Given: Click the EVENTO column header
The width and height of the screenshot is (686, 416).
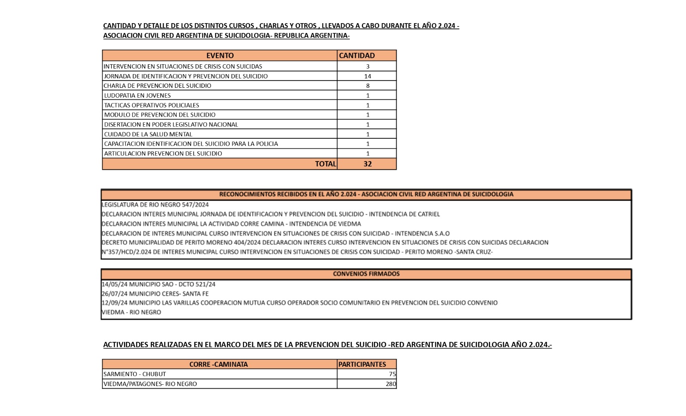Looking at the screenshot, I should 220,55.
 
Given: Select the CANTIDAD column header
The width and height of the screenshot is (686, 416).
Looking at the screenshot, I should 357,55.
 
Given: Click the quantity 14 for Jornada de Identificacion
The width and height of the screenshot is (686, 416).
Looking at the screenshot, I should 367,76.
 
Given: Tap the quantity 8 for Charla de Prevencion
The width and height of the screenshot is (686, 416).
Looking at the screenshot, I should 367,86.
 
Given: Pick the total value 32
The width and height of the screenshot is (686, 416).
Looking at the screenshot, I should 367,164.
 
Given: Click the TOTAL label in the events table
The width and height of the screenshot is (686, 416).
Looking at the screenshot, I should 325,164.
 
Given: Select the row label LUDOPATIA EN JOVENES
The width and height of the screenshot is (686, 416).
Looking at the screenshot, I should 137,96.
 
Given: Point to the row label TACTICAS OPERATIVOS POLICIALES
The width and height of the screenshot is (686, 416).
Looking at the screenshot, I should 151,105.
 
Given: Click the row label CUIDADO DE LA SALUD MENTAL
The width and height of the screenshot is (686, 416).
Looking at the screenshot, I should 148,134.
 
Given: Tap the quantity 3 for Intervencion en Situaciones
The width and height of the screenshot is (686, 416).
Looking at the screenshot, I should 367,66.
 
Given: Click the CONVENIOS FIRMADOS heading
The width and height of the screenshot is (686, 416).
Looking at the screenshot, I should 366,274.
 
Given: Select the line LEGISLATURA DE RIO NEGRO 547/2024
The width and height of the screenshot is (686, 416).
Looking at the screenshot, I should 155,204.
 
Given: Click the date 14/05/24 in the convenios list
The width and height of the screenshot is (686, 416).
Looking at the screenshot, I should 114,284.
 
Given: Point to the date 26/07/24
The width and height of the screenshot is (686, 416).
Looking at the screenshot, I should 114,293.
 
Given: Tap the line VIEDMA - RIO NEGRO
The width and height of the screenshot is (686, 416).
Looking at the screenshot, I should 131,312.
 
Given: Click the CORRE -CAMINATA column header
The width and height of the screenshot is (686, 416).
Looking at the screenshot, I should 218,365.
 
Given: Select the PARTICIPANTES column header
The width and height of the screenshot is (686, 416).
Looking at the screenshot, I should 362,365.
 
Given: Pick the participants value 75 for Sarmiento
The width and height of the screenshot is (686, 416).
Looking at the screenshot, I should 392,374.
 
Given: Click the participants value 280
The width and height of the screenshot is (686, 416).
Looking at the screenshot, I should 391,384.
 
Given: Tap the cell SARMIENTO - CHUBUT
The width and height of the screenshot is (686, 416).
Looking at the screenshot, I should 135,374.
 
